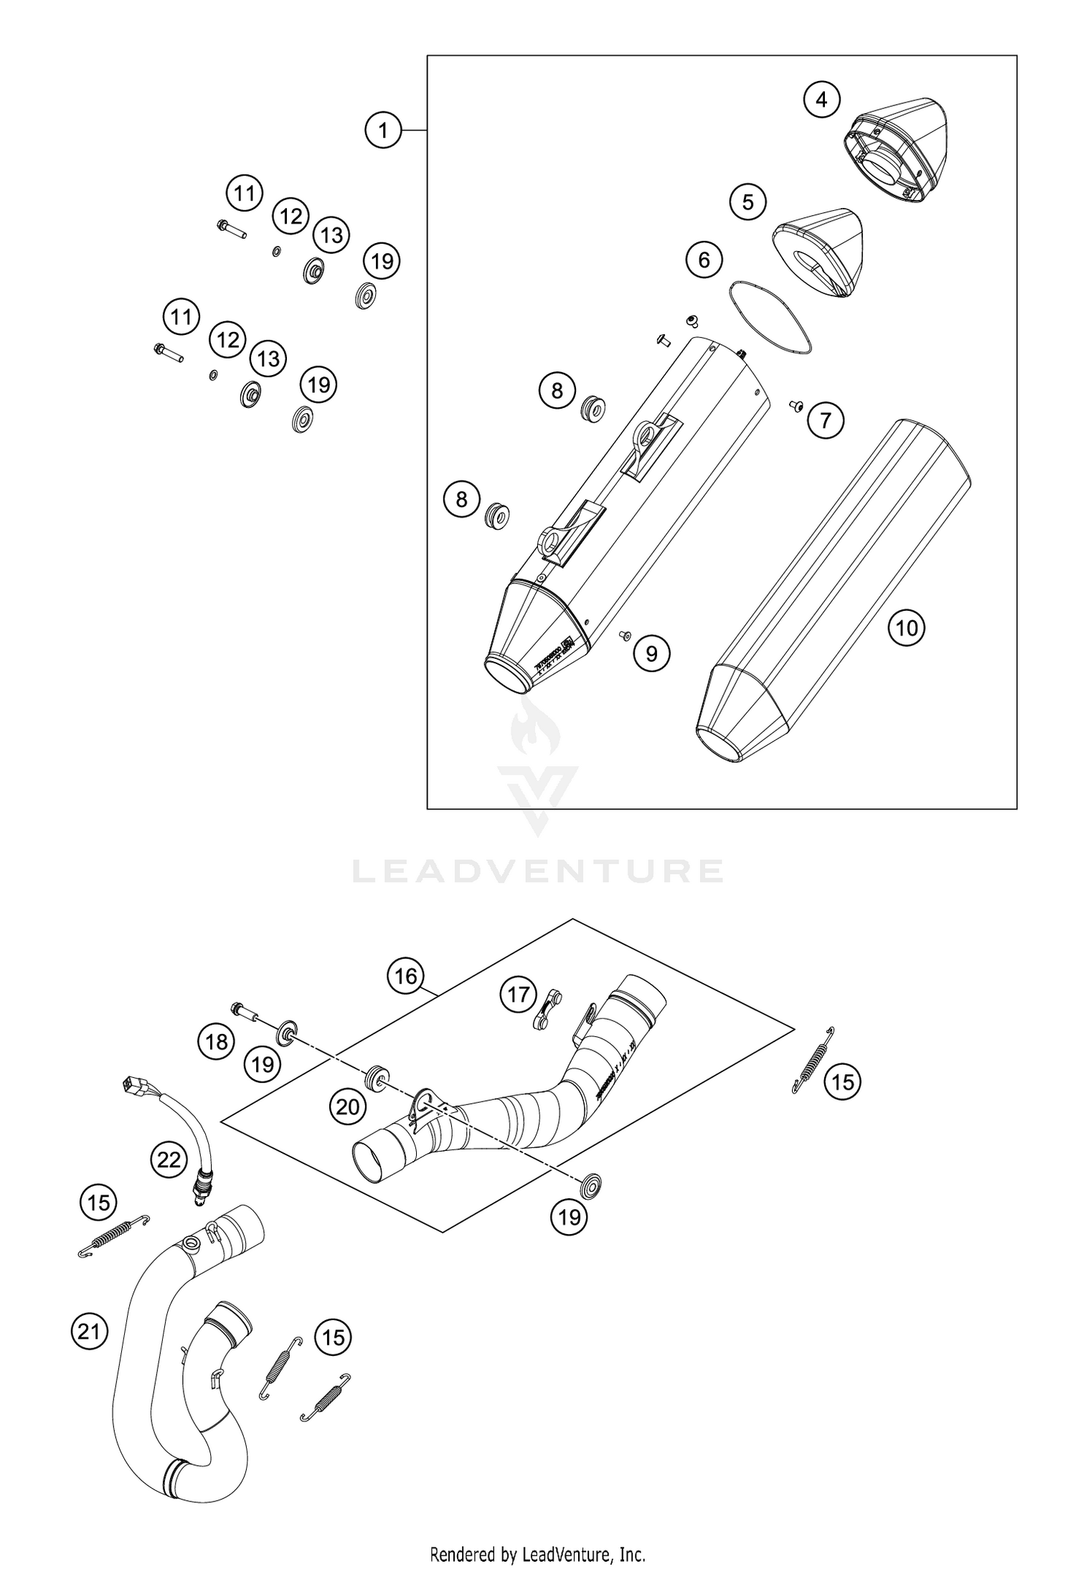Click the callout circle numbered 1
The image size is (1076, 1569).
click(382, 131)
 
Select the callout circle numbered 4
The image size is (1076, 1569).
click(821, 100)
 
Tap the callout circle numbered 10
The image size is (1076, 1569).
click(907, 628)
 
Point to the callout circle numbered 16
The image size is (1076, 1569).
click(405, 976)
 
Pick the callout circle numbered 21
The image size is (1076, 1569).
click(88, 1332)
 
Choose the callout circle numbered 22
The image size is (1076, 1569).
click(169, 1159)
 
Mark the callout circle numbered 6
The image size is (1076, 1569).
click(704, 260)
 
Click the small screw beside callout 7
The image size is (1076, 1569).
click(796, 407)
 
